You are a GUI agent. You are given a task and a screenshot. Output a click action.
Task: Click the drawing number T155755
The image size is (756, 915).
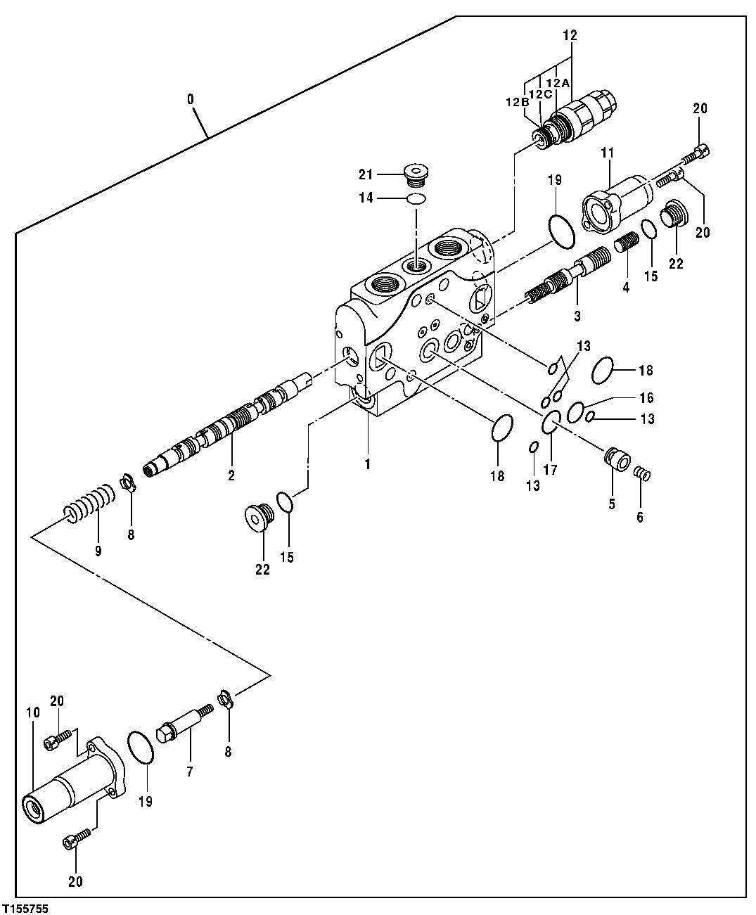(25, 909)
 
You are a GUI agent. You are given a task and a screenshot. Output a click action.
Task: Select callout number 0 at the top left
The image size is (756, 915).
(191, 99)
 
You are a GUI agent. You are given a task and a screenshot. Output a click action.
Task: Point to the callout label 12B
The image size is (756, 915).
(515, 102)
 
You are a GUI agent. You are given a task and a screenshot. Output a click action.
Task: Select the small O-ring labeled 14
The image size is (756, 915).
(416, 199)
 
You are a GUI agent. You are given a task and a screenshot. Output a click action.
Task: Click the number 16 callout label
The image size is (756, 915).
(646, 398)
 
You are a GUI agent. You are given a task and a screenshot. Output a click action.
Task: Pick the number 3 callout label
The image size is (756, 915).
(577, 316)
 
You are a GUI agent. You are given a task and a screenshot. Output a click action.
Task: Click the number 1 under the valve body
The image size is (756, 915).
(367, 464)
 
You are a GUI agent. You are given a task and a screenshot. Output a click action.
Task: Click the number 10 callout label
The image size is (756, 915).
(32, 713)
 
